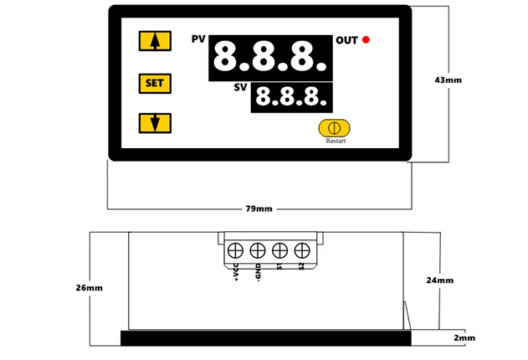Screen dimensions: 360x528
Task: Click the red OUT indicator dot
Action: click(x=367, y=40)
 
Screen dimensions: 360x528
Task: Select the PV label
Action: click(x=198, y=39)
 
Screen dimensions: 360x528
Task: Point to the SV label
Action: click(x=240, y=87)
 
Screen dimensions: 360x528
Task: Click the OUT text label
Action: click(x=346, y=40)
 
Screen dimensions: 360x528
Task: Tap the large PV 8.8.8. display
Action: click(x=268, y=58)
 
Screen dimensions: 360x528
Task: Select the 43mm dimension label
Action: click(x=449, y=80)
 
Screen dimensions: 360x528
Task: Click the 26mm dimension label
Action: click(x=89, y=287)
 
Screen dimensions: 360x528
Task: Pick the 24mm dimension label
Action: click(x=439, y=280)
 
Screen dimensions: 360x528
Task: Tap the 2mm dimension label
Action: click(x=464, y=337)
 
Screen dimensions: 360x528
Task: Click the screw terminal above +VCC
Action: click(x=236, y=249)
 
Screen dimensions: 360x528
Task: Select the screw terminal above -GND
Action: click(x=258, y=249)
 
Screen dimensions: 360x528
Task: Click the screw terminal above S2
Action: click(x=301, y=249)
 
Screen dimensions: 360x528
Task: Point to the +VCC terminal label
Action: click(x=236, y=273)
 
